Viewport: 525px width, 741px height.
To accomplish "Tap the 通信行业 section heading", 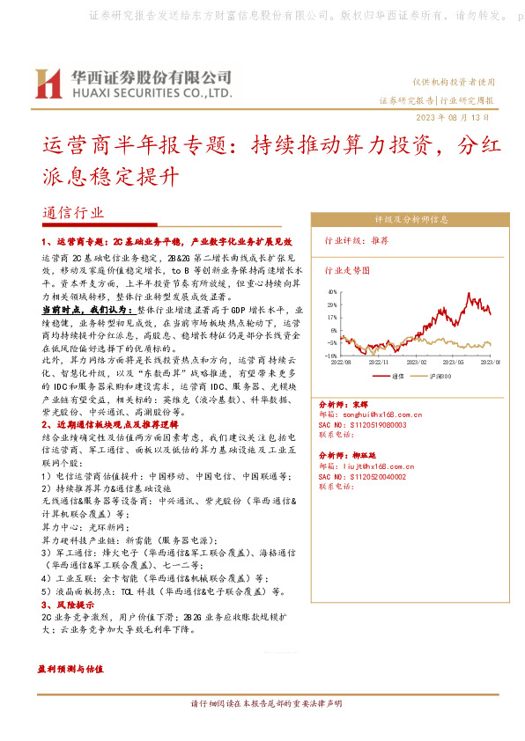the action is click(x=72, y=214).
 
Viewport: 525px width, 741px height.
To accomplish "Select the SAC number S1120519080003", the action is click(x=374, y=423).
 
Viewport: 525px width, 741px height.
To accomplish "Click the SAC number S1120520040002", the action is click(x=374, y=476).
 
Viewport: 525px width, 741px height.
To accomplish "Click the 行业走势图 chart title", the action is click(x=344, y=271).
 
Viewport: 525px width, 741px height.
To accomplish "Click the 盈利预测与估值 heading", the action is click(x=70, y=669).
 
